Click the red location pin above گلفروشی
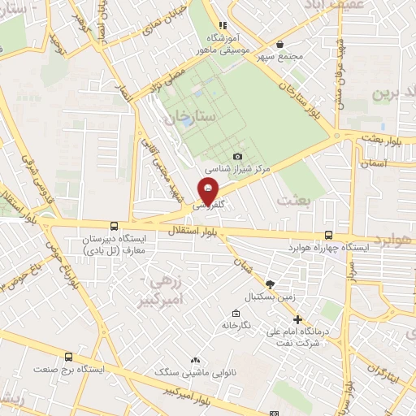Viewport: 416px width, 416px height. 208,192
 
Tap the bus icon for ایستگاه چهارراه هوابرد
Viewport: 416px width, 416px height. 328,232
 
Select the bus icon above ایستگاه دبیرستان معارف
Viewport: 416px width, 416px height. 112,226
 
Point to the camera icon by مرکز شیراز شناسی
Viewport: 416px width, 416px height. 237,156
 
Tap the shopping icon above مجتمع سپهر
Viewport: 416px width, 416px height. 280,45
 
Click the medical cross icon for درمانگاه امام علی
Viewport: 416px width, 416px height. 297,319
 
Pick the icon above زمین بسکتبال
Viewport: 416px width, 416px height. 270,284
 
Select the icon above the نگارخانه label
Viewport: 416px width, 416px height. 236,314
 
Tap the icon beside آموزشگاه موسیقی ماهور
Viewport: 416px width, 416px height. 223,26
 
